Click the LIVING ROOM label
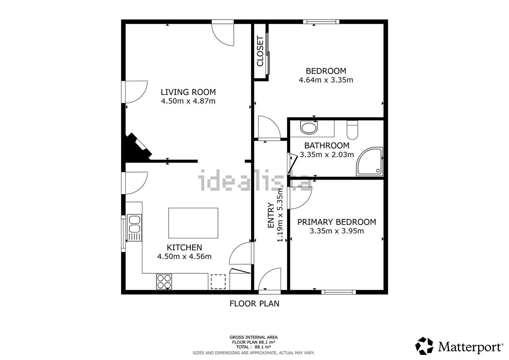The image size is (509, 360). point(188,92)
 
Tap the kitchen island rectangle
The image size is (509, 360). point(193,223)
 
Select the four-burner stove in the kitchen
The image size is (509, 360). point(164,282)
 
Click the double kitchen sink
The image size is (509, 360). point(134,227)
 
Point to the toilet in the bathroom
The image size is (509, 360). point(353,130)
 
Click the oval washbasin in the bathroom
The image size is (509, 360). point(309,128)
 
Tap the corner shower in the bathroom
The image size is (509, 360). point(370,162)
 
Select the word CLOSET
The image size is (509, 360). point(260,51)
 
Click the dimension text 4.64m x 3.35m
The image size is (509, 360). point(326,80)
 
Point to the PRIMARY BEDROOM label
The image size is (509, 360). point(337,222)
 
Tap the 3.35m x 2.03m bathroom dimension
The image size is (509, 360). point(327,154)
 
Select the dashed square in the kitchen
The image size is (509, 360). point(218,282)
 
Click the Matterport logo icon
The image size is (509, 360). point(424,346)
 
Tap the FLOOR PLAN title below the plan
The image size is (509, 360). point(254,304)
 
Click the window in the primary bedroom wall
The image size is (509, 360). point(339,292)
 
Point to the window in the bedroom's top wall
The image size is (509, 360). point(321,22)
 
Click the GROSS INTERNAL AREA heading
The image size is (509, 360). point(253,337)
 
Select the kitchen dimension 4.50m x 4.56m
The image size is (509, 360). point(184,257)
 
